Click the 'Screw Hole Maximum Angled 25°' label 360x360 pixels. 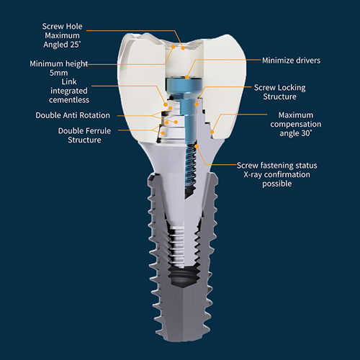(62, 35)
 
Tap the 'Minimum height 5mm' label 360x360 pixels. (59, 68)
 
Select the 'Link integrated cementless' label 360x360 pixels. (69, 91)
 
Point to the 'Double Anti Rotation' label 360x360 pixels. (73, 115)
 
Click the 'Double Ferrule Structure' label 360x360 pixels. (84, 135)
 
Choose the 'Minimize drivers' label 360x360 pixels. (291, 60)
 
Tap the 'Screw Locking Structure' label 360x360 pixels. (280, 92)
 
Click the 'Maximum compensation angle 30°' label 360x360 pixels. (296, 124)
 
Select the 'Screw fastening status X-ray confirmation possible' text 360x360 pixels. (277, 174)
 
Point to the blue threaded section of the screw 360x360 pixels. (192, 168)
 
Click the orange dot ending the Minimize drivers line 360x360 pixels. (187, 77)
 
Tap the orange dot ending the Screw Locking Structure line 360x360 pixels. (197, 104)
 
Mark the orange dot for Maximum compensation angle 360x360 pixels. (212, 132)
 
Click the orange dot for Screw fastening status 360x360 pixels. (197, 146)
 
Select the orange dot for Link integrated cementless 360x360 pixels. (166, 104)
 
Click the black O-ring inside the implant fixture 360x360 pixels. (184, 274)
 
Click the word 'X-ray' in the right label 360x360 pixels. (253, 174)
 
